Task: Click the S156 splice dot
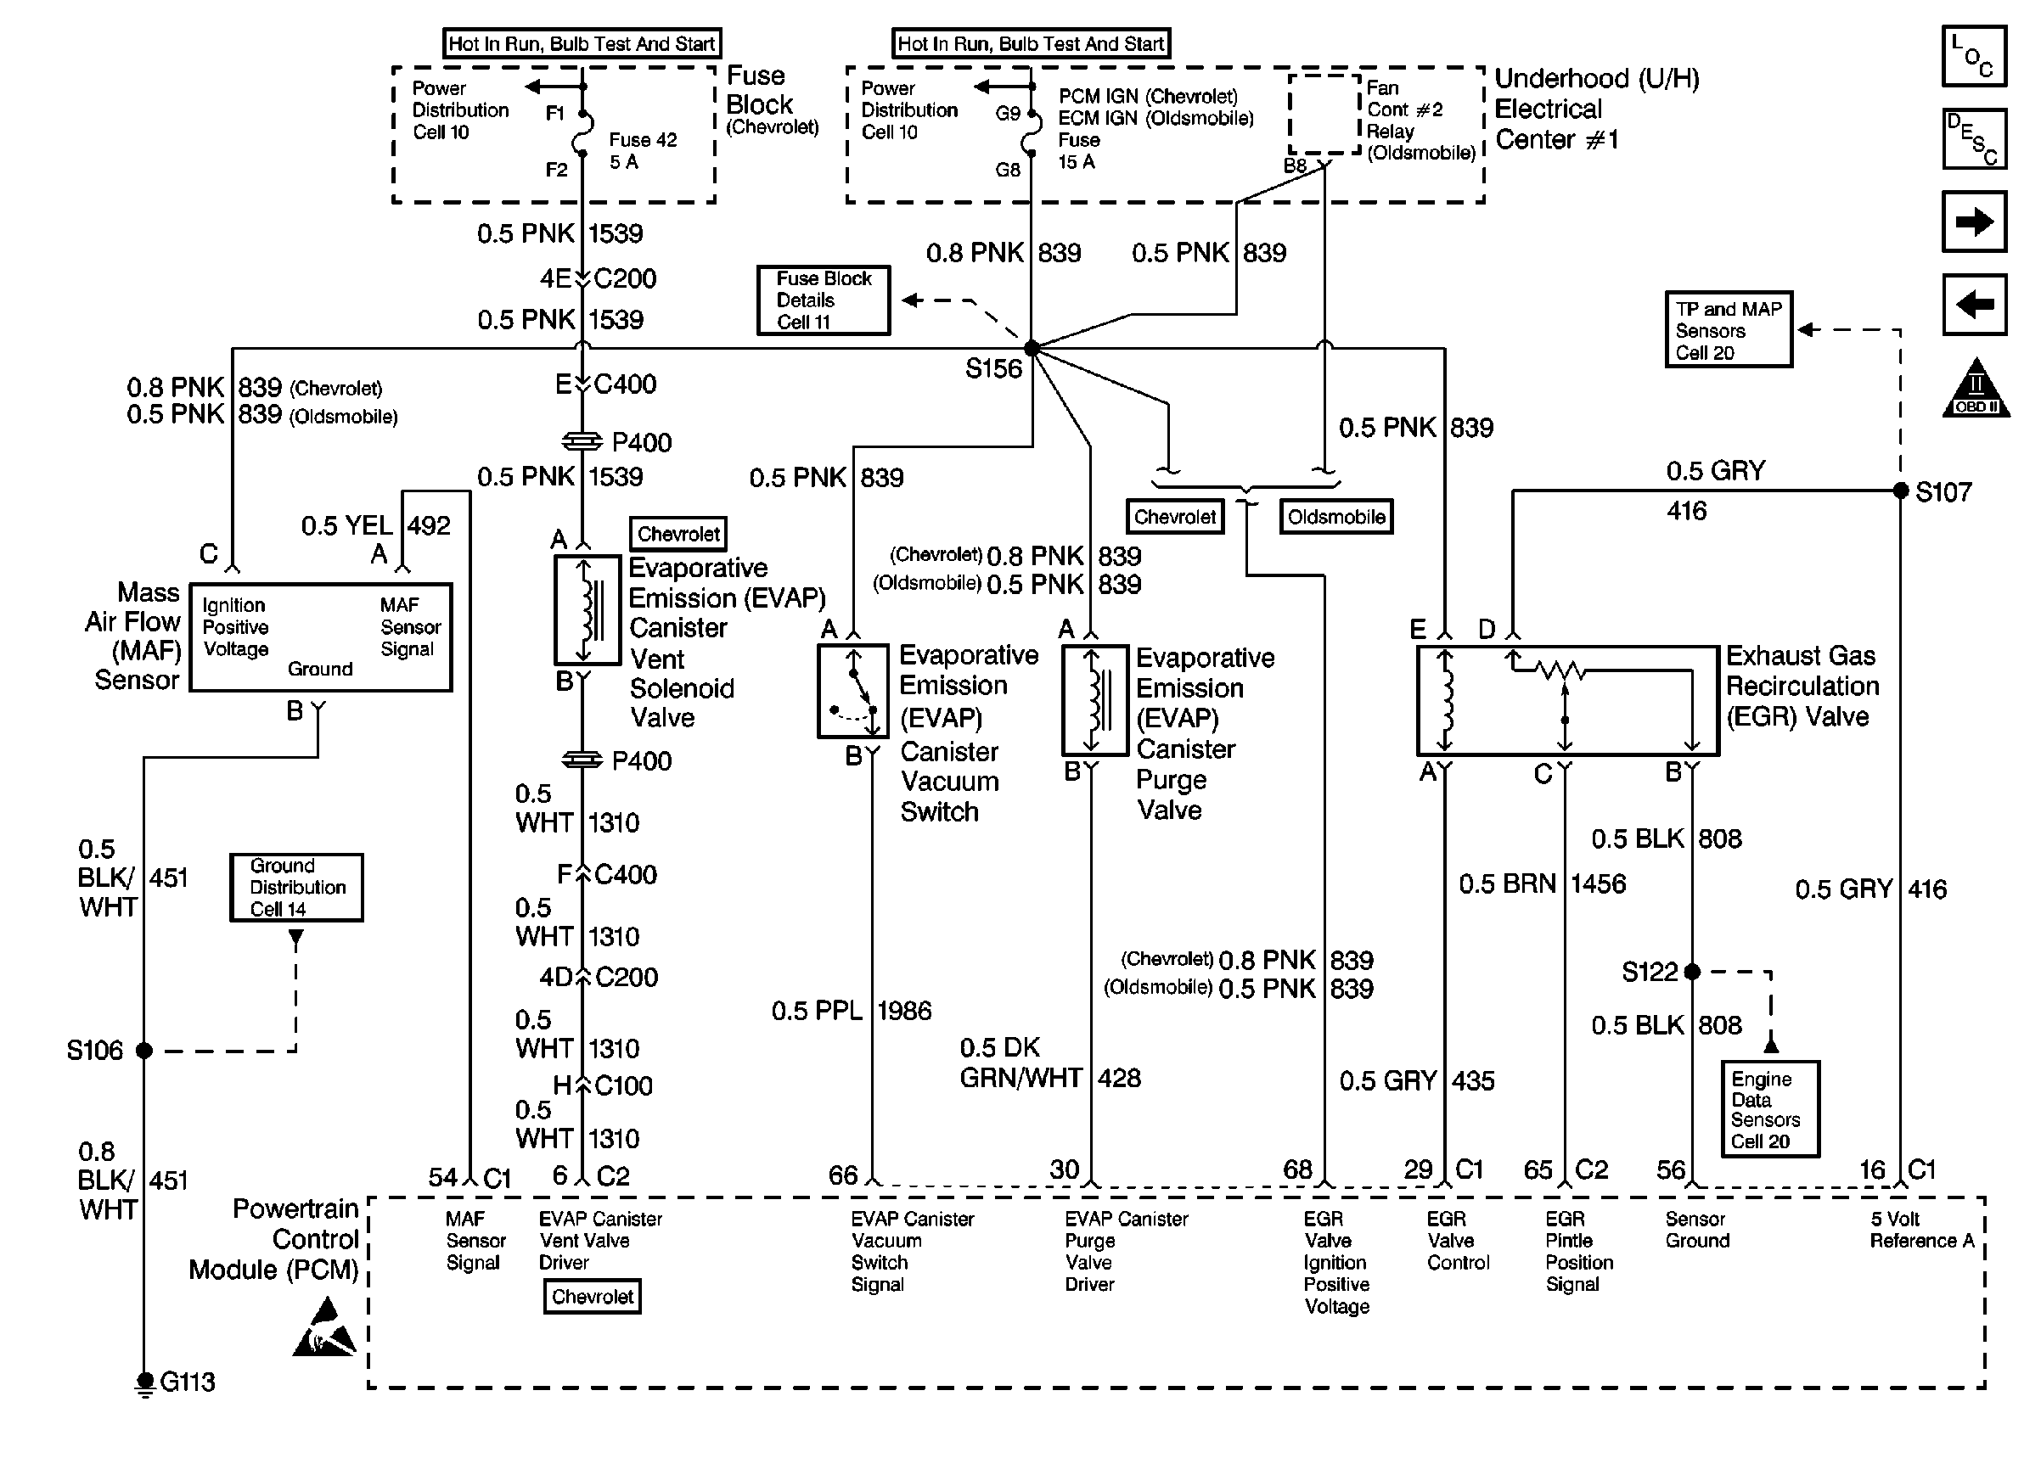tap(1032, 347)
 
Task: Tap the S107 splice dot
tap(1901, 491)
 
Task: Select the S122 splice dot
tap(1693, 972)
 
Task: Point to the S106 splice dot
tap(143, 1051)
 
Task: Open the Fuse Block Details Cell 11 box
tap(824, 300)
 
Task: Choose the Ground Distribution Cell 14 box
tap(296, 887)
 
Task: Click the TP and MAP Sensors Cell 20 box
tap(1729, 329)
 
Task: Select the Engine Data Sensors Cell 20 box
tap(1770, 1108)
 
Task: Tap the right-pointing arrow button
tap(1974, 221)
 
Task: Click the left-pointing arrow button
tap(1974, 305)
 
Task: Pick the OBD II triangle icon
tap(1976, 388)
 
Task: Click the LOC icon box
tap(1974, 56)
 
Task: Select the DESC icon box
tap(1974, 139)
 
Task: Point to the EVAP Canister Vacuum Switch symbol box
tap(853, 692)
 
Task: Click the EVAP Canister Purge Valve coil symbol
tap(1095, 700)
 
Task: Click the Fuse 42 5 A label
tap(643, 151)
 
